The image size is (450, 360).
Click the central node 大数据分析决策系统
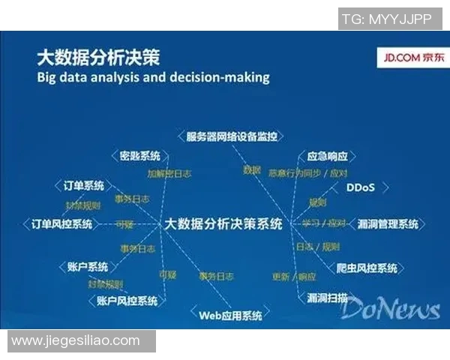[x=223, y=223]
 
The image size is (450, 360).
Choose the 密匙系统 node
[x=140, y=156]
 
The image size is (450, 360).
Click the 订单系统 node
[x=83, y=185]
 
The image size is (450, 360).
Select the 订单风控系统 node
[x=62, y=223]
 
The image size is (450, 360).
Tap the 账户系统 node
[x=88, y=266]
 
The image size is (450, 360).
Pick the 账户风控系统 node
[x=127, y=301]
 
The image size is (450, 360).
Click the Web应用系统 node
[x=230, y=315]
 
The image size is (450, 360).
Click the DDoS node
[x=359, y=187]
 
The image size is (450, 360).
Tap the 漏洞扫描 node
[x=328, y=298]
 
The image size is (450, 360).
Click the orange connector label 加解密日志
[x=169, y=173]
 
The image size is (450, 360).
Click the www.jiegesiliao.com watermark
[x=76, y=340]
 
